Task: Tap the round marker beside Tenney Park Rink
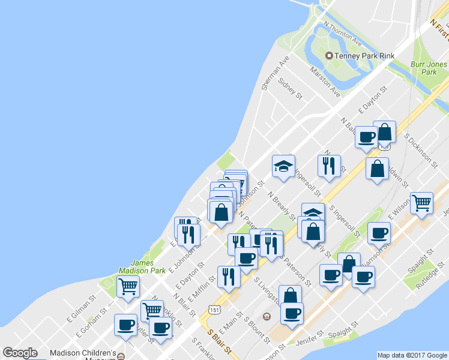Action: pyautogui.click(x=329, y=56)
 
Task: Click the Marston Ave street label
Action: pyautogui.click(x=325, y=82)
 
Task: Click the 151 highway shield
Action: pyautogui.click(x=214, y=308)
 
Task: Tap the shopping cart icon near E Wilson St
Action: pyautogui.click(x=421, y=202)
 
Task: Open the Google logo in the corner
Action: pyautogui.click(x=20, y=353)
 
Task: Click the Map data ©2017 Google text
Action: pyautogui.click(x=412, y=355)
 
